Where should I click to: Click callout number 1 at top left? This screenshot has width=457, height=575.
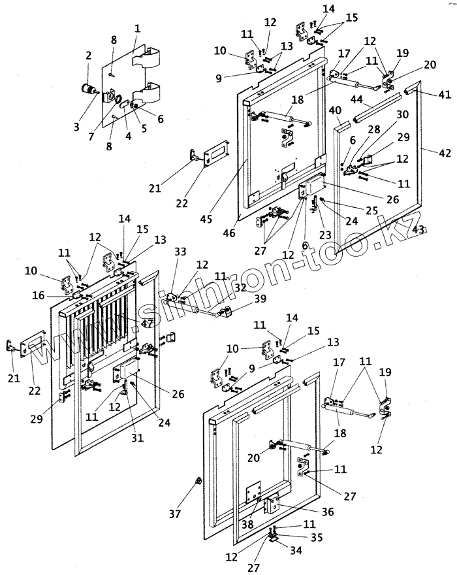pos(138,28)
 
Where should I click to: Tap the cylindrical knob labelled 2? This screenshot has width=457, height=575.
pos(88,88)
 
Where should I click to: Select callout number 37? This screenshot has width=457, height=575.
pos(175,514)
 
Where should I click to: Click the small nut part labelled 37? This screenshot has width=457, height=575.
pos(197,480)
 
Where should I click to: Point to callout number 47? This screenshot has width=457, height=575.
pos(148,323)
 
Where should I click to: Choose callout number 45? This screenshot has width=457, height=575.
pos(206,219)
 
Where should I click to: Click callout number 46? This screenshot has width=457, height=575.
pos(229,233)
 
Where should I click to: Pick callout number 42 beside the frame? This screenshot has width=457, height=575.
pos(445,153)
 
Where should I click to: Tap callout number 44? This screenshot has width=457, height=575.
pos(356,99)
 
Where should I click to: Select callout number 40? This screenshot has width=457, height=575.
pos(335,110)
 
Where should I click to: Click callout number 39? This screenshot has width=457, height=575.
pos(260,299)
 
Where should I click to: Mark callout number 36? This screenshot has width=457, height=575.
pos(328,511)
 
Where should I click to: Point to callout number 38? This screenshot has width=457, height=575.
pos(247,524)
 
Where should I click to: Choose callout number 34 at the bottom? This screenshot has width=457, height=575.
pos(296,550)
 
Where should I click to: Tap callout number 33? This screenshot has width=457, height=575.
pos(180,252)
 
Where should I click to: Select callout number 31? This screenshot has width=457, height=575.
pos(138,438)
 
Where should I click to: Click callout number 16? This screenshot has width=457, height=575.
pos(38,295)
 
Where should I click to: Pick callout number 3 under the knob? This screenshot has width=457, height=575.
pos(76,127)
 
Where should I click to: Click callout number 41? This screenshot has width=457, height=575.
pos(445,94)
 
